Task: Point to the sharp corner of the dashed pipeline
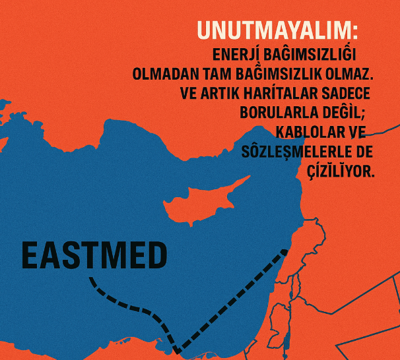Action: click(x=177, y=349)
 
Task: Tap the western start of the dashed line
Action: click(x=91, y=279)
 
